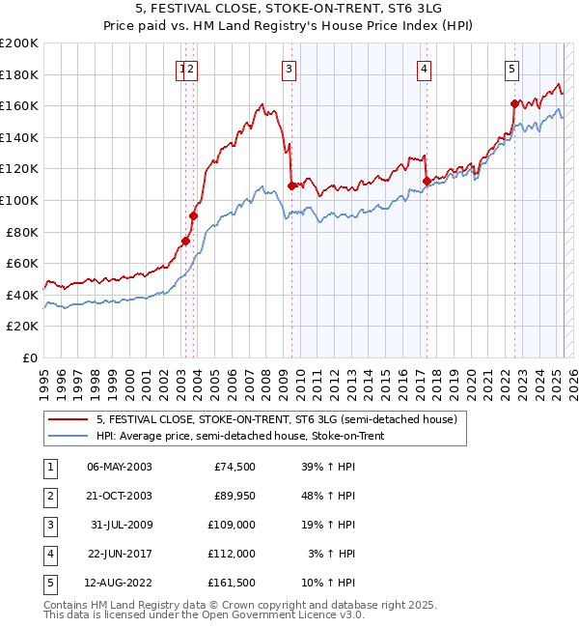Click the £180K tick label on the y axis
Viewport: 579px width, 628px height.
19,74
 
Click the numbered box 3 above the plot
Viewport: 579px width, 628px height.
289,69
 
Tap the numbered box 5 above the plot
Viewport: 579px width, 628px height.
510,69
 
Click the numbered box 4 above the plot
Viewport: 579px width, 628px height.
424,69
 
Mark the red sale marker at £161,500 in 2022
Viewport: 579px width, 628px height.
514,103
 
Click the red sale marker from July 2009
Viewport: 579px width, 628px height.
291,186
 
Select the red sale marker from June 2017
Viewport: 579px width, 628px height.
427,181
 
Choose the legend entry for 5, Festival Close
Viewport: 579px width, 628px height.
282,418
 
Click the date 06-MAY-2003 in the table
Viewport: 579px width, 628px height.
119,467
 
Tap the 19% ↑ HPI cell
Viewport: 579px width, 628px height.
328,525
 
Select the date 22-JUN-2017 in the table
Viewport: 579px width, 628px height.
119,554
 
